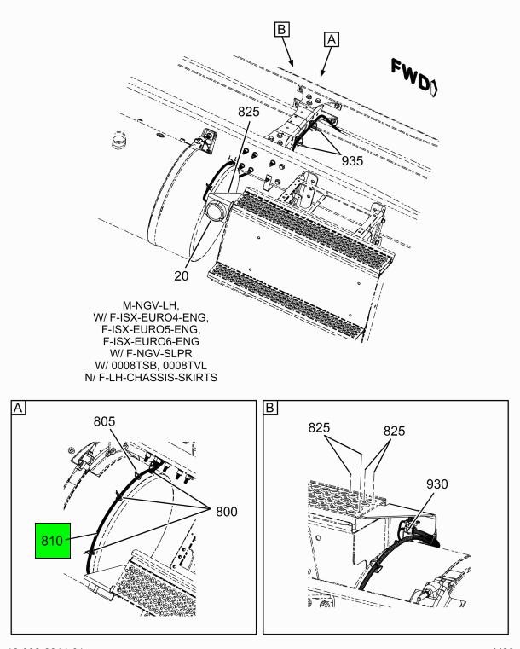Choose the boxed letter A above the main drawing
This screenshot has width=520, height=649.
coord(332,38)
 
